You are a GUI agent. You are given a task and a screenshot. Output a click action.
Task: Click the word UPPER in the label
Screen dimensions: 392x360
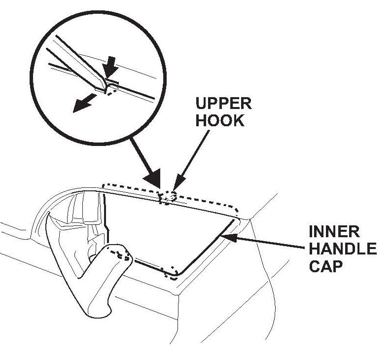[223, 104]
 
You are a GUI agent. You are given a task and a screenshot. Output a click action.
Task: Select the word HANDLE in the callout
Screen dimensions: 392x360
[342, 249]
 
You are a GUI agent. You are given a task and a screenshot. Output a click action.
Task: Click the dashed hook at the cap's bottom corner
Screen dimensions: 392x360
[172, 271]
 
